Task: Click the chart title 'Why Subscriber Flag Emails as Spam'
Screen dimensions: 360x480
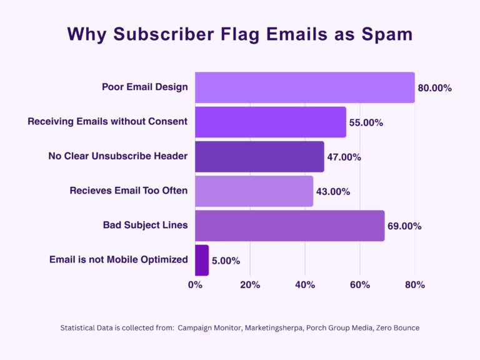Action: (x=240, y=34)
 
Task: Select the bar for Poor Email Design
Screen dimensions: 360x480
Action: (x=304, y=87)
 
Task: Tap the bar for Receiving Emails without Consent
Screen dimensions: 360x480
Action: (x=270, y=122)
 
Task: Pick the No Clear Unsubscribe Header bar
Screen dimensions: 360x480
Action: (x=259, y=156)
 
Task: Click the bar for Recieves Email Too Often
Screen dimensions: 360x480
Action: (x=254, y=191)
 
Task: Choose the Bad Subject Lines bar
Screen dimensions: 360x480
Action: (x=289, y=225)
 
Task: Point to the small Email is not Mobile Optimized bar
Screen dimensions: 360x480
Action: (x=202, y=259)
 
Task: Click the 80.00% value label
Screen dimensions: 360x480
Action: (x=434, y=88)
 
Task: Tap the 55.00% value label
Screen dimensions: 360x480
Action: (x=366, y=122)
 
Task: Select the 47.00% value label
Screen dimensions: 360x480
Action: (x=344, y=157)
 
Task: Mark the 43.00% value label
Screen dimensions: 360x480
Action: (x=332, y=191)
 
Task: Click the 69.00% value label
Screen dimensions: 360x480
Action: (x=404, y=226)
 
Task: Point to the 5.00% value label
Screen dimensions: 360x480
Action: (x=226, y=260)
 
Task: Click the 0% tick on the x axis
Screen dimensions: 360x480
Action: (x=195, y=285)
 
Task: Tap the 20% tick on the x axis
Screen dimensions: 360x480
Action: (x=250, y=285)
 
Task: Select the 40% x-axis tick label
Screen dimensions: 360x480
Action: (x=305, y=285)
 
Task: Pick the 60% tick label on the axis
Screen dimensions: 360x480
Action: (x=360, y=285)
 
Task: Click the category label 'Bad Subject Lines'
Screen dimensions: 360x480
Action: (x=145, y=225)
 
